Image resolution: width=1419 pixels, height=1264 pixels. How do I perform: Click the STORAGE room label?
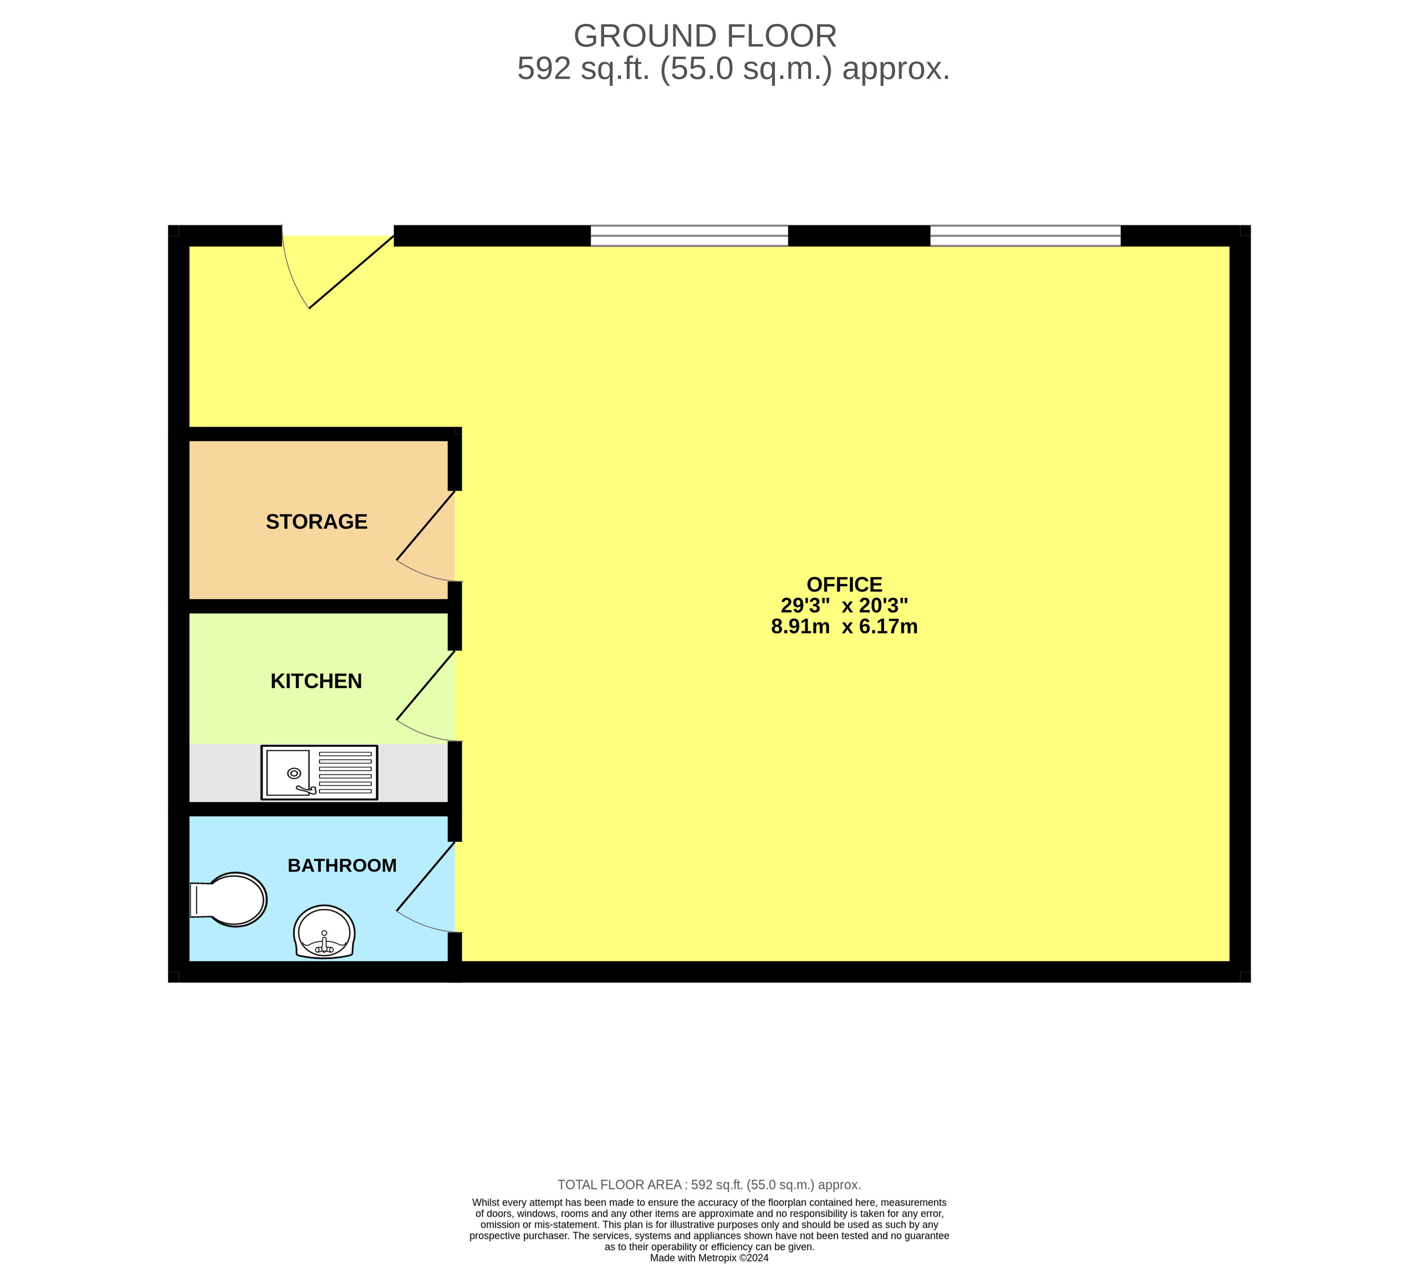(316, 522)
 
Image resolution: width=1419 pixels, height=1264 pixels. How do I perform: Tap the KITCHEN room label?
(316, 681)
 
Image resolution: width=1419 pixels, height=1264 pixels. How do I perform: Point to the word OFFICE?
(844, 585)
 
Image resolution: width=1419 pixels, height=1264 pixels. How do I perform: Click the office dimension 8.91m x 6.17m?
(844, 627)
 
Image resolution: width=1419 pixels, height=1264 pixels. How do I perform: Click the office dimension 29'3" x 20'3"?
(844, 605)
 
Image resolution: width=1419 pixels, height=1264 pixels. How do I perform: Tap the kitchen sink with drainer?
(319, 772)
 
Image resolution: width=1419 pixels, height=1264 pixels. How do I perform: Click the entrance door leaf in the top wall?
(351, 272)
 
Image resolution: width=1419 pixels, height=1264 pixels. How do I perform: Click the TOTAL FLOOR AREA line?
(709, 1185)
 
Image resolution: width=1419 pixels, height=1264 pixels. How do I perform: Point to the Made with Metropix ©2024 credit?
(709, 1258)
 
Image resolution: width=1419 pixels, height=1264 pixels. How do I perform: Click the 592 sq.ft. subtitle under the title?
(733, 69)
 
